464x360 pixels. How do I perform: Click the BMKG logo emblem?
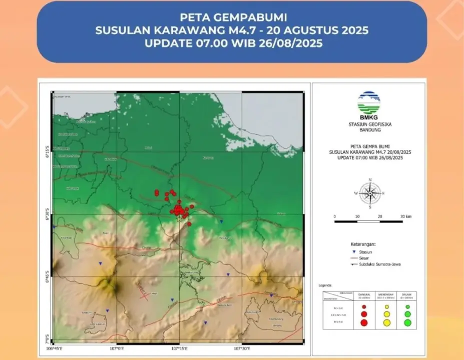pos(369,103)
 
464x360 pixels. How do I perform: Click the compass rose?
pos(369,192)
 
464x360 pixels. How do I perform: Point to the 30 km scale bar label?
pos(406,216)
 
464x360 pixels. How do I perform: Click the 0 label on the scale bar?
pos(334,216)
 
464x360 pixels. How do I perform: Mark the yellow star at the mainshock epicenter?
pos(179,219)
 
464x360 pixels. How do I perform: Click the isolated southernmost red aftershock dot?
pos(189,224)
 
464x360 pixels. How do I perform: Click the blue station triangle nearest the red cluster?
pos(221,220)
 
